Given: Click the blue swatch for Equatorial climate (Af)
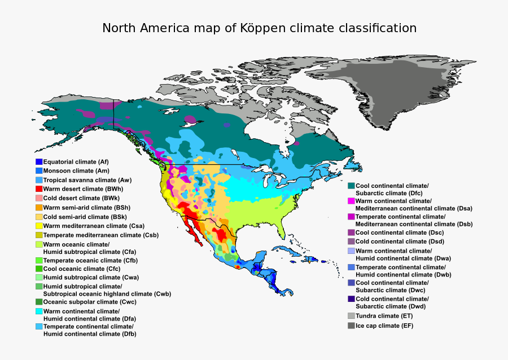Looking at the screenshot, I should click(39, 162).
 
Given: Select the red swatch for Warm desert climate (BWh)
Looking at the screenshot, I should click(39, 189).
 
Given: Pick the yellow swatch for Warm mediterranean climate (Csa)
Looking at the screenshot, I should click(39, 226).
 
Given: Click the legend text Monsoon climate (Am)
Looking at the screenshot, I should click(76, 170).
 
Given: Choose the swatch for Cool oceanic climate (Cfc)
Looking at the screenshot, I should click(39, 269).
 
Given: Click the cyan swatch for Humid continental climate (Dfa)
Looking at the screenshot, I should click(39, 311).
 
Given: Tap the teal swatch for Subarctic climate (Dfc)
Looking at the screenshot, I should click(351, 186).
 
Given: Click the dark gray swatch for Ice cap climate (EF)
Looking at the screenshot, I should click(351, 326).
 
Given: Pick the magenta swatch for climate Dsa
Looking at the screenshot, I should click(351, 201).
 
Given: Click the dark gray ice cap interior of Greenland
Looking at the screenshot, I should click(389, 90).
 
